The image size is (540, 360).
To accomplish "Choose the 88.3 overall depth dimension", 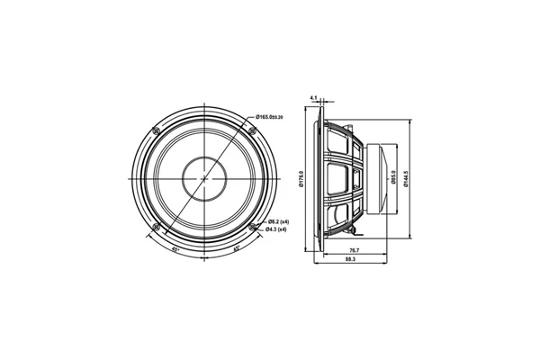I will click(x=349, y=260).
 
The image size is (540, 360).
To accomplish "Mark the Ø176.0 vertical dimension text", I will click(x=301, y=180).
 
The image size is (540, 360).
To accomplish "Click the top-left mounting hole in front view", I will click(x=157, y=131).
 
